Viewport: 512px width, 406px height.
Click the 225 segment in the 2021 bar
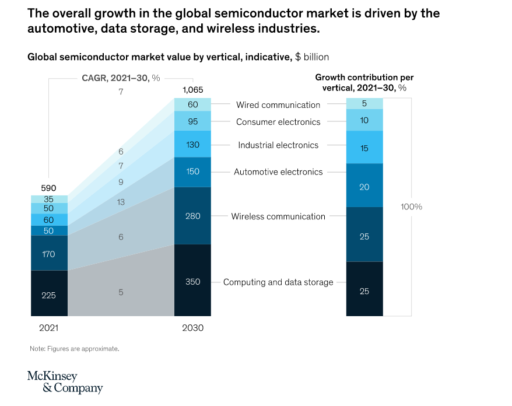[49, 295]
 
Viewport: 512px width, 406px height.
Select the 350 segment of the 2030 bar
[192, 282]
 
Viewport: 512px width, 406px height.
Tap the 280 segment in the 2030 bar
[192, 216]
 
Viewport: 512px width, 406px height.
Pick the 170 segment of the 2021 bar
[49, 254]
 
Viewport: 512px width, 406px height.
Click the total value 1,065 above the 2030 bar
[192, 90]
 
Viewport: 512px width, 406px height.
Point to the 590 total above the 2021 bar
[49, 188]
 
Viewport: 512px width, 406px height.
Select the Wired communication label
[278, 105]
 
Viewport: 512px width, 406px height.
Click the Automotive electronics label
[278, 172]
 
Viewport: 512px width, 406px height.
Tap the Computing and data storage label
[278, 282]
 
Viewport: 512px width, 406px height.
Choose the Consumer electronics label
[278, 122]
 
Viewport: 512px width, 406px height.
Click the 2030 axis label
[192, 328]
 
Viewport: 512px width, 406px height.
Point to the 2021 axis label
[49, 328]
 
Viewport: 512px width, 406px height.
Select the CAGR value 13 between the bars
[121, 202]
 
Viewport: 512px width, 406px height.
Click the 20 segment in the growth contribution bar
[364, 187]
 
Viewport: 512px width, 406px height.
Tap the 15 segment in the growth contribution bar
[364, 148]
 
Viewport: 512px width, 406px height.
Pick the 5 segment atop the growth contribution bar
[364, 104]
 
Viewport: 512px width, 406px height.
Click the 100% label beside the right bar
[411, 206]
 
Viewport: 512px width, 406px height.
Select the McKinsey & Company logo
[65, 382]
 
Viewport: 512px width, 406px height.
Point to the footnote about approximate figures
[74, 348]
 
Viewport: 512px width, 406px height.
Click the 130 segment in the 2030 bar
[192, 145]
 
